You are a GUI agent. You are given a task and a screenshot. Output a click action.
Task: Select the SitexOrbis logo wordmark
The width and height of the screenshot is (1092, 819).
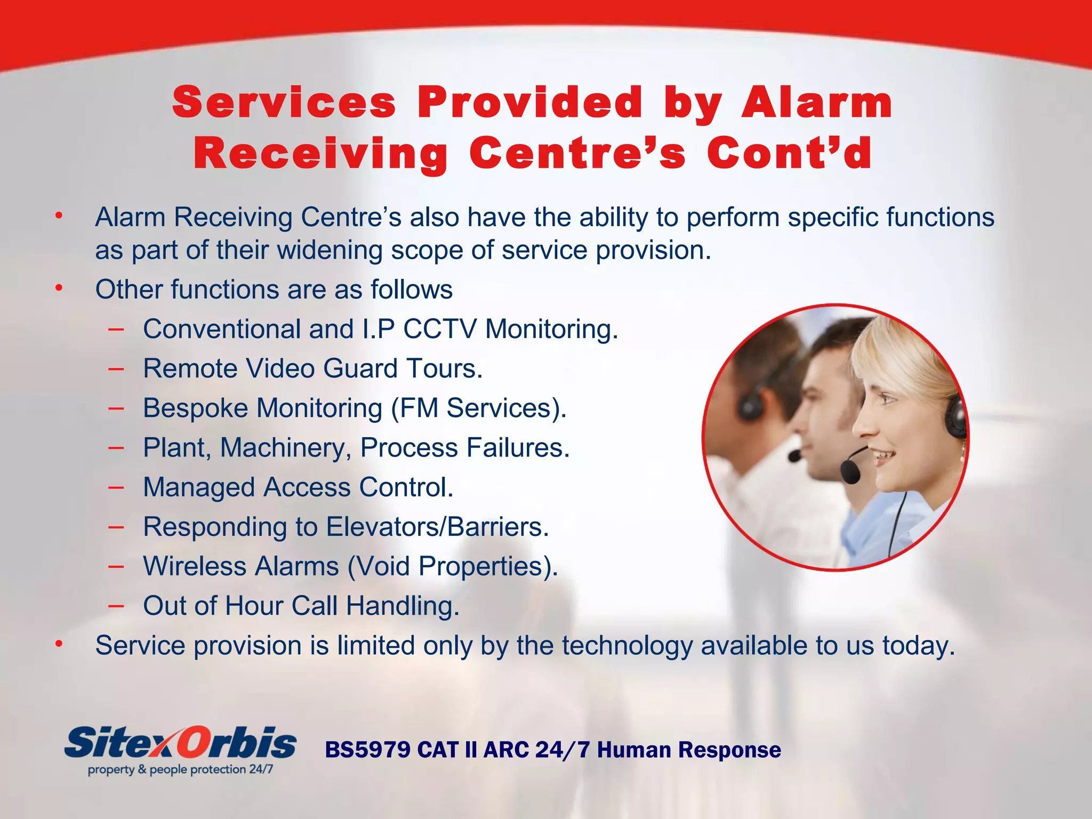pyautogui.click(x=180, y=743)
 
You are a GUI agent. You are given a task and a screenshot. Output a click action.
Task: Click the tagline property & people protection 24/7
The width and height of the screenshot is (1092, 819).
pyautogui.click(x=180, y=769)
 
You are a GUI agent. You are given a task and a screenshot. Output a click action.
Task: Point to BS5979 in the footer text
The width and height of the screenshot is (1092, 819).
pyautogui.click(x=367, y=750)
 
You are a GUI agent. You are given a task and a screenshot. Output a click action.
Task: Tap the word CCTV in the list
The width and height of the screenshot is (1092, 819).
pyautogui.click(x=439, y=329)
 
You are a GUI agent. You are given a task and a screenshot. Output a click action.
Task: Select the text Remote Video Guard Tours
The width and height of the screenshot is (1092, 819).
pyautogui.click(x=312, y=368)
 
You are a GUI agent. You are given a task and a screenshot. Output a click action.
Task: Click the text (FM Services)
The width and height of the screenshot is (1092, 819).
pyautogui.click(x=478, y=408)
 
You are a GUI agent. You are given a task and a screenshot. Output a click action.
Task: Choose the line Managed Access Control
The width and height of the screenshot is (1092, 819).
pyautogui.click(x=298, y=487)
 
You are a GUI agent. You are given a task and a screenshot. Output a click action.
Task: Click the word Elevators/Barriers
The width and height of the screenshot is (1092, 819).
pyautogui.click(x=437, y=527)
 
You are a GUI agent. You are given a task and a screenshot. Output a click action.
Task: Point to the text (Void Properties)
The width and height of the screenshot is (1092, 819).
pyautogui.click(x=452, y=566)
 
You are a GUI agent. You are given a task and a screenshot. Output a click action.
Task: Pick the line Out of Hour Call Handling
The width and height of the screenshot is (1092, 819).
pyautogui.click(x=301, y=606)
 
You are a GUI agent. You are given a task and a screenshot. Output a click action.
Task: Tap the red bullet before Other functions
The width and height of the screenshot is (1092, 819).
pyautogui.click(x=59, y=288)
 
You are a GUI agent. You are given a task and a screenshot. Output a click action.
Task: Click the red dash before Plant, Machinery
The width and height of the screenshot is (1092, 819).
pyautogui.click(x=116, y=447)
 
